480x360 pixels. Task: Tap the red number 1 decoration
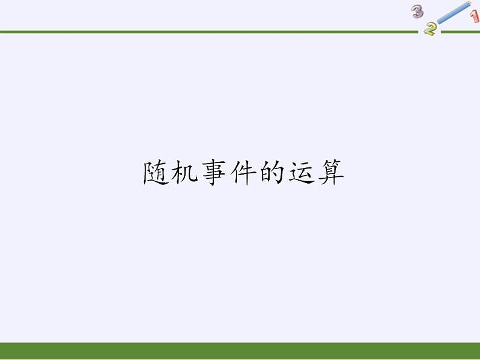point(475,17)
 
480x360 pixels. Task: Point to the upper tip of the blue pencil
point(470,4)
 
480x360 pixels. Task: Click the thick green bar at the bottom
point(240,351)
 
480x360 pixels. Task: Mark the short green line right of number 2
point(459,31)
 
